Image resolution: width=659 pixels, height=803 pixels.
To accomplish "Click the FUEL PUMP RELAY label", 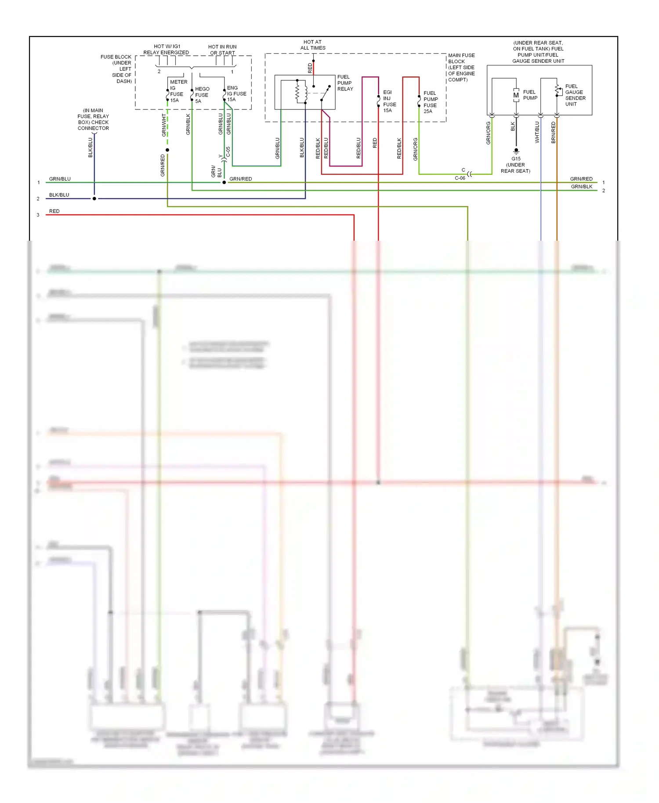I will coord(345,83).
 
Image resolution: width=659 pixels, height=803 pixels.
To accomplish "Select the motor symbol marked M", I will coord(516,95).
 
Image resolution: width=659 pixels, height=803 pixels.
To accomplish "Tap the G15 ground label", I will coord(516,159).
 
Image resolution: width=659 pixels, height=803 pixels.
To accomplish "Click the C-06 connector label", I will coord(460,178).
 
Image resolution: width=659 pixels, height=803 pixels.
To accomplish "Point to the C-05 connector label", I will coord(228,152).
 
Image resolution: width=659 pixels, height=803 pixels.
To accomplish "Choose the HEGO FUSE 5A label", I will coord(202,95).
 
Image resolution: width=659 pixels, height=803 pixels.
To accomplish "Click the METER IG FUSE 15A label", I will coord(177,91).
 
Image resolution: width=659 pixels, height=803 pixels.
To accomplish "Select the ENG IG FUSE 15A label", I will coord(236,94).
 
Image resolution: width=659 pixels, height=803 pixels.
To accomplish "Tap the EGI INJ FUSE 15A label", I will coord(389,101).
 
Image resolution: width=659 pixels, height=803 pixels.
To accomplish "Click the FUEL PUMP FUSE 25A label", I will coord(430,102).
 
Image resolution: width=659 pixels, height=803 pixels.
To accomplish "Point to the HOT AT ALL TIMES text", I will coord(313,45).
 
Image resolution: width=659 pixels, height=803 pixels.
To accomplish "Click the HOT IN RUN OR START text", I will coord(222,50).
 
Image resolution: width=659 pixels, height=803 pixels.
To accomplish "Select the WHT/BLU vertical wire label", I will coord(537,132).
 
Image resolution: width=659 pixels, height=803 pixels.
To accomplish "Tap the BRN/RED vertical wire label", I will coord(553,132).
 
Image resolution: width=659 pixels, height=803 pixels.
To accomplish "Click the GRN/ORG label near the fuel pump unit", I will coord(488,133).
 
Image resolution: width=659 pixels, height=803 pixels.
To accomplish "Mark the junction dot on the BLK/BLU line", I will coord(94,199).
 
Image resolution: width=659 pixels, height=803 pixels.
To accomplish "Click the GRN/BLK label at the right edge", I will coord(581,187).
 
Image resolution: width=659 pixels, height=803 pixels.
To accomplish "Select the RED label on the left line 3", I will coord(54,211).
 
